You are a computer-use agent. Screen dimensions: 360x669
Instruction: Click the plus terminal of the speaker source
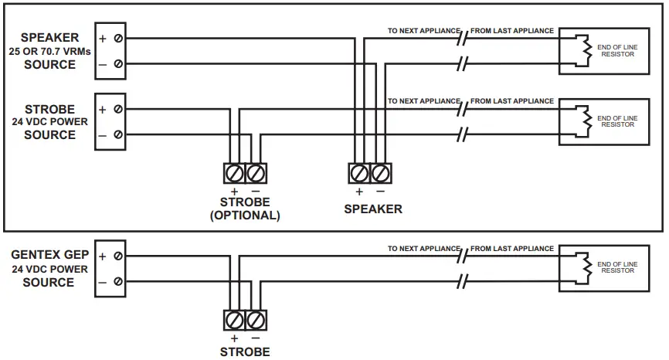click(117, 37)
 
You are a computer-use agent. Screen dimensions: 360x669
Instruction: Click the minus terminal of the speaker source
click(117, 64)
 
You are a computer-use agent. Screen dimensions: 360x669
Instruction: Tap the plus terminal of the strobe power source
click(117, 110)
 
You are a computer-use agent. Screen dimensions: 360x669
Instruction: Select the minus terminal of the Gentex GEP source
click(117, 282)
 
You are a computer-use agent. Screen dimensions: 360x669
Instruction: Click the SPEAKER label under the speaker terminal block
click(373, 209)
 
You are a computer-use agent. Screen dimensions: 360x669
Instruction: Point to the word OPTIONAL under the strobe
click(245, 216)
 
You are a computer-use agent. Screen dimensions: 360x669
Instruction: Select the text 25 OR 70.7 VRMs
click(49, 51)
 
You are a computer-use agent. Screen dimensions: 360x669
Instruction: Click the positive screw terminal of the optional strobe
click(234, 172)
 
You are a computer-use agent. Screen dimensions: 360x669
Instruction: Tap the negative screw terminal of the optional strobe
click(256, 172)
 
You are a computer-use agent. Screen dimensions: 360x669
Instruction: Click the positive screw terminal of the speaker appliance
click(359, 172)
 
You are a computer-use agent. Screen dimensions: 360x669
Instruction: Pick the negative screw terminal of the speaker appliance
click(381, 172)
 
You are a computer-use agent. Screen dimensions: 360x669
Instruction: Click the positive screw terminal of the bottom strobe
click(234, 318)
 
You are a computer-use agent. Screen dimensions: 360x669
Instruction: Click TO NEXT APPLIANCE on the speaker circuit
click(423, 31)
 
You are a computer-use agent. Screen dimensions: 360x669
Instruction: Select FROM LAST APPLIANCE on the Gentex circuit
click(512, 249)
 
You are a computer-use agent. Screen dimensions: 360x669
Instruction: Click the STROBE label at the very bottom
click(245, 352)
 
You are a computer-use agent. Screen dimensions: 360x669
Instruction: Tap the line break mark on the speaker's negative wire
click(463, 64)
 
